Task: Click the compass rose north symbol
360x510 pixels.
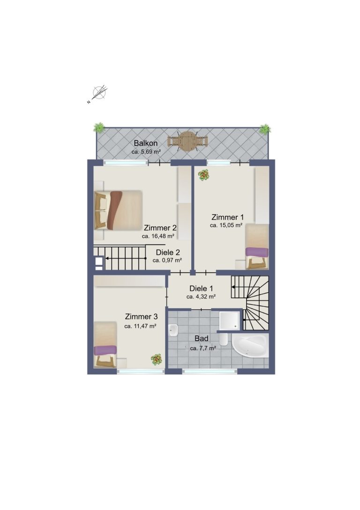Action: click(99, 93)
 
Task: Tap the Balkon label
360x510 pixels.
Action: click(146, 143)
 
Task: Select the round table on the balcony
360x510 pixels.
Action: click(188, 141)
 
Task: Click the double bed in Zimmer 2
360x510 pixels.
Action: click(118, 210)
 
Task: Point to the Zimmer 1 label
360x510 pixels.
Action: click(227, 217)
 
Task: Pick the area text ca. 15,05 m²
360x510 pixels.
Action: click(226, 225)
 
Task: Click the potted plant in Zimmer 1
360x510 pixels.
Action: click(204, 175)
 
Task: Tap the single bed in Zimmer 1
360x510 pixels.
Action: click(257, 246)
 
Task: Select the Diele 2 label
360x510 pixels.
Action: click(168, 252)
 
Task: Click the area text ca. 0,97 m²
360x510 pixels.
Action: click(167, 260)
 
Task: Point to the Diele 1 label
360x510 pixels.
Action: click(201, 289)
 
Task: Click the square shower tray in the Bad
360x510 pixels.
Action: click(230, 321)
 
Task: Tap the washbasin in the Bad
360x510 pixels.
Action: click(173, 330)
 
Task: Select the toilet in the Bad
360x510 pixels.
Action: click(224, 339)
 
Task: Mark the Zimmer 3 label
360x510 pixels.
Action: click(142, 317)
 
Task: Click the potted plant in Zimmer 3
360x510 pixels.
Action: click(156, 359)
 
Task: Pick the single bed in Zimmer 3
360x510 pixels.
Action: click(105, 344)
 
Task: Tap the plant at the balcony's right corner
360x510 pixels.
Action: click(265, 129)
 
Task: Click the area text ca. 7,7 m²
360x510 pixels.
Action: click(203, 348)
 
